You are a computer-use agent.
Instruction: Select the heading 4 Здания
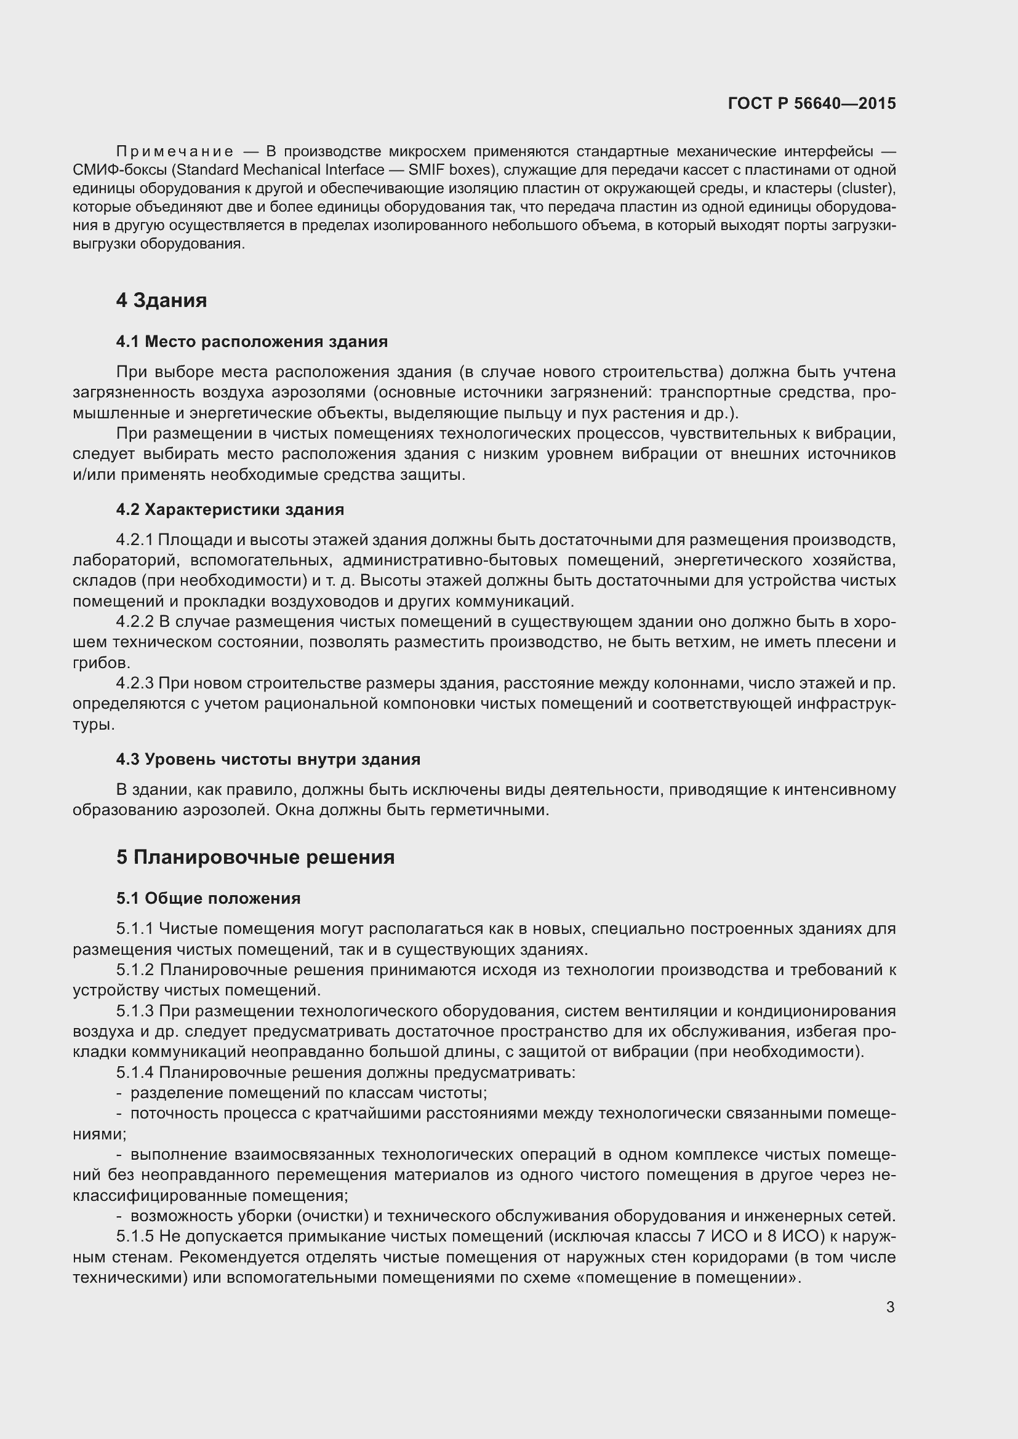pyautogui.click(x=161, y=300)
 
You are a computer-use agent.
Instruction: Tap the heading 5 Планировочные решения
pyautogui.click(x=255, y=857)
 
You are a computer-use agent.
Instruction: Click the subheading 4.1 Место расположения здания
pyautogui.click(x=251, y=341)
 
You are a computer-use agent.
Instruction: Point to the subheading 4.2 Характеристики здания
pyautogui.click(x=230, y=509)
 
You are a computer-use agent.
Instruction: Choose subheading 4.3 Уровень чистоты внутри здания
pyautogui.click(x=268, y=759)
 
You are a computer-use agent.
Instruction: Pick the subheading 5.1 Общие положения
pyautogui.click(x=208, y=898)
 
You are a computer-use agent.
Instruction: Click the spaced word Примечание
pyautogui.click(x=175, y=152)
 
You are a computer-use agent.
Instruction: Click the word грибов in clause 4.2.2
pyautogui.click(x=100, y=663)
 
